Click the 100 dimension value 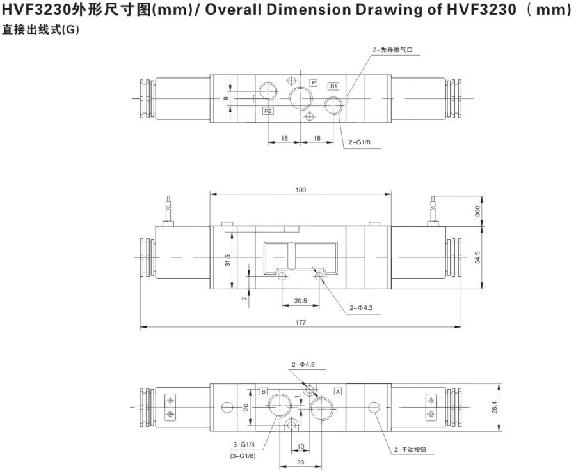pyautogui.click(x=301, y=190)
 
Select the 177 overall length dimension pyautogui.click(x=301, y=323)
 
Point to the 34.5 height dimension pyautogui.click(x=477, y=257)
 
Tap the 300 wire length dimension pyautogui.click(x=477, y=211)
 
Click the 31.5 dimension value pyautogui.click(x=227, y=260)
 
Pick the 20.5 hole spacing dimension pyautogui.click(x=301, y=301)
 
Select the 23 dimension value pyautogui.click(x=301, y=463)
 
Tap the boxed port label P pyautogui.click(x=314, y=83)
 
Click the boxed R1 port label pyautogui.click(x=333, y=86)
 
